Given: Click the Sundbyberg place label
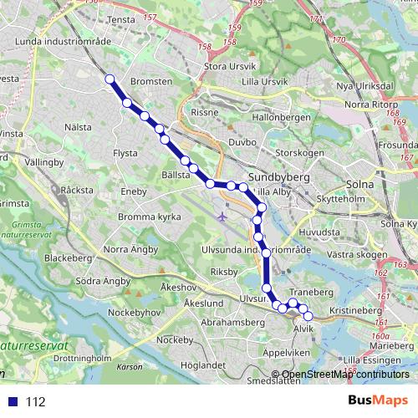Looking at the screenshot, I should (279, 178).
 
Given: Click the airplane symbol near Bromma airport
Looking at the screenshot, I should (222, 217).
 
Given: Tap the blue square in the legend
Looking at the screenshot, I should (11, 402).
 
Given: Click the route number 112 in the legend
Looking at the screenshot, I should (35, 402).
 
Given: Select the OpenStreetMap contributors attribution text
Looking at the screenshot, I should (345, 374).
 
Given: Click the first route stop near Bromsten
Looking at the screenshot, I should (110, 79).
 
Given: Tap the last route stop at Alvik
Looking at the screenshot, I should (308, 316).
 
